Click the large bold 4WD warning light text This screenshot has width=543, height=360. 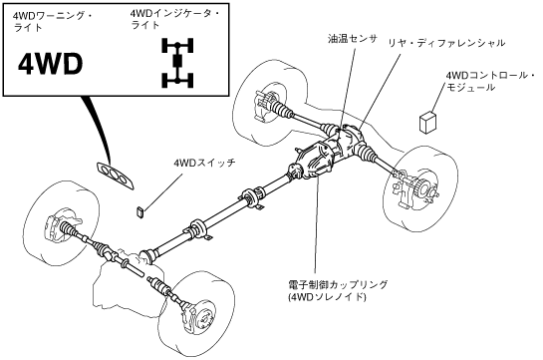[50, 65]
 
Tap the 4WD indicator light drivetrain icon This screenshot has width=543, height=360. [177, 63]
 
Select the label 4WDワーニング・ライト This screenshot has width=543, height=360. [52, 22]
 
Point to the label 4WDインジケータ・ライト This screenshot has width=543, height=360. [174, 19]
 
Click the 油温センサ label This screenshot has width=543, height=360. [352, 38]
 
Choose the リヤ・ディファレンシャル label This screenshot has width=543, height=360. [446, 43]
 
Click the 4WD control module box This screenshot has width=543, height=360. [427, 122]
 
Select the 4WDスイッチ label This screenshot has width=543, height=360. [205, 162]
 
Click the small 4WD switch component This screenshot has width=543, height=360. [140, 211]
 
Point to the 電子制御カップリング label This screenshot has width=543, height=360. [338, 284]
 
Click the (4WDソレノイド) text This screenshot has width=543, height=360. [327, 297]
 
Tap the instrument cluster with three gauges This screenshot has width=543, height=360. [116, 176]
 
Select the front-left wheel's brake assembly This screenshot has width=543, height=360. [64, 224]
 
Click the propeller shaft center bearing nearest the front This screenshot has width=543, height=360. [198, 228]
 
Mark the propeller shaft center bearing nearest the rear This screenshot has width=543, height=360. [252, 197]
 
